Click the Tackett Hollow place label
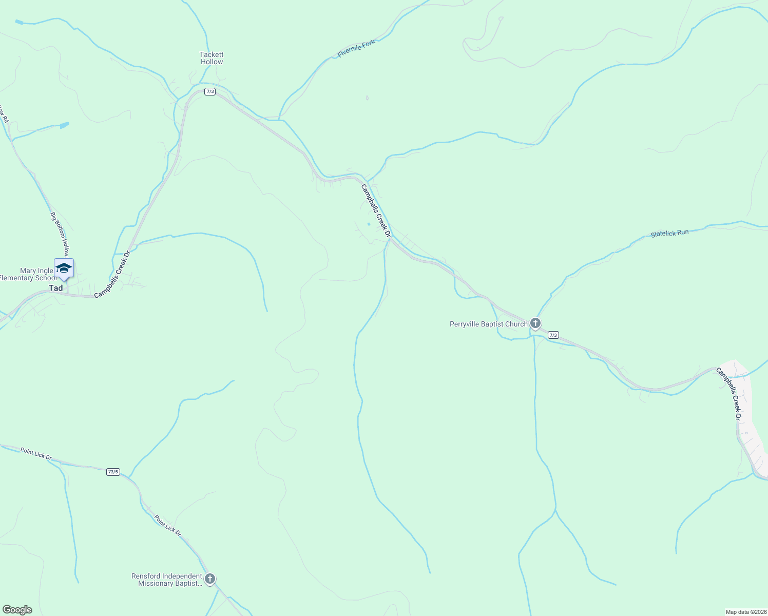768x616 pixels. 212,58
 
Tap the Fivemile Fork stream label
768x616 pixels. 356,49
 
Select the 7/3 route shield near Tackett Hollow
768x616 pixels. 209,91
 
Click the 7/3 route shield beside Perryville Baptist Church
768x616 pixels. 553,335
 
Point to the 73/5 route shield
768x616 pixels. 113,472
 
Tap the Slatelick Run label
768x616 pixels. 669,234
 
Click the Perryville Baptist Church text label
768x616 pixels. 488,324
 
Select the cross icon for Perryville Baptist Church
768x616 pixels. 535,323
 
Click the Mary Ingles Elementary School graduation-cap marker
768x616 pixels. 64,268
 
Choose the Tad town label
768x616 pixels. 56,288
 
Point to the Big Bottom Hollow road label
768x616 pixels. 60,234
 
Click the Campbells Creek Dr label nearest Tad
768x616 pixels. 112,274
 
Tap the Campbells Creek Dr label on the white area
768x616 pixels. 729,393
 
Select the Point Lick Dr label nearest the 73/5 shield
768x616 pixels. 36,454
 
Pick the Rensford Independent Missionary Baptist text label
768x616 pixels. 167,580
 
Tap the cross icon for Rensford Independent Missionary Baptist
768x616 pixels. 209,579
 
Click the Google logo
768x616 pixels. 17,610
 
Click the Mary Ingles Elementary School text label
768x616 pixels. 28,274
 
